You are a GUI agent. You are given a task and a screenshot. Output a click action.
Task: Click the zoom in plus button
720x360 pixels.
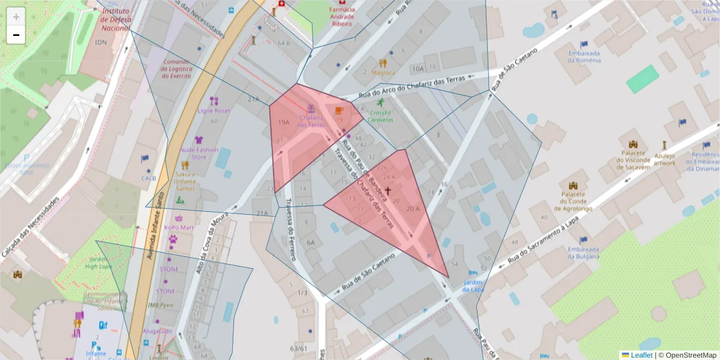pyautogui.click(x=16, y=16)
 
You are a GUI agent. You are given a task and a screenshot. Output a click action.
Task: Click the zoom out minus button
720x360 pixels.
pyautogui.click(x=16, y=35)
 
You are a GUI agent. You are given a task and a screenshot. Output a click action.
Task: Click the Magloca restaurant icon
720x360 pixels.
pyautogui.click(x=383, y=62)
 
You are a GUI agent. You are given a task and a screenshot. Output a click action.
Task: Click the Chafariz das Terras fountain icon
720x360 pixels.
pyautogui.click(x=311, y=109)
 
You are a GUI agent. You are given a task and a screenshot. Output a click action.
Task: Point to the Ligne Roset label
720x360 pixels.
pyautogui.click(x=214, y=111)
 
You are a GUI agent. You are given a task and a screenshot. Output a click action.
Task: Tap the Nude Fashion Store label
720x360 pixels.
pyautogui.click(x=199, y=154)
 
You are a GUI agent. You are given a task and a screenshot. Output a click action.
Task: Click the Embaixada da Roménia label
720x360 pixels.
pyautogui.click(x=584, y=56)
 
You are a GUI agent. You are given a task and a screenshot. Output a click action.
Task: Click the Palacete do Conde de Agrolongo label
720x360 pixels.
pyautogui.click(x=572, y=202)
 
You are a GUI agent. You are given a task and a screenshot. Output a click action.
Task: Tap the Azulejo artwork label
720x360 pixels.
pyautogui.click(x=664, y=159)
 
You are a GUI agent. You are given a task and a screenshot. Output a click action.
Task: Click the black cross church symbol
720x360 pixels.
pyautogui.click(x=388, y=191)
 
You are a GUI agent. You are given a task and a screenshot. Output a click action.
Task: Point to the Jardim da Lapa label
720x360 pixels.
pyautogui.click(x=473, y=286)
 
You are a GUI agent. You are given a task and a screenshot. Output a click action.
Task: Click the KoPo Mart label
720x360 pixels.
pyautogui.click(x=179, y=227)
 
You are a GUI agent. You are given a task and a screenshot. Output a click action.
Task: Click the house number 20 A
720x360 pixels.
pyautogui.click(x=412, y=209)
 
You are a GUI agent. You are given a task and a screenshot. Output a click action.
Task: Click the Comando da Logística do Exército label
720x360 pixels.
pyautogui.click(x=177, y=69)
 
